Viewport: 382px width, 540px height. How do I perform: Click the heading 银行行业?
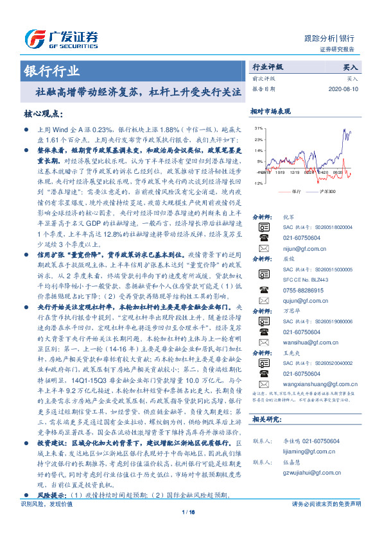tap(52, 71)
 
